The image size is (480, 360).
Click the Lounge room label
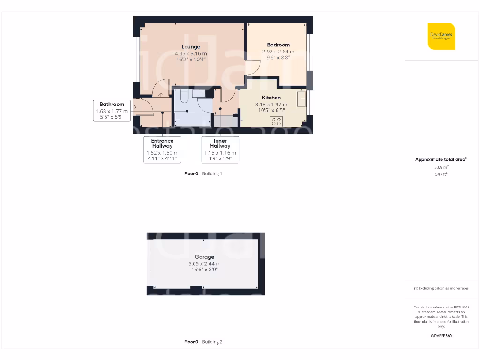(191, 47)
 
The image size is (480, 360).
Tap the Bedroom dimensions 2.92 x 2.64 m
(278, 52)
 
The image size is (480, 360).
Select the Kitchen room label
(271, 97)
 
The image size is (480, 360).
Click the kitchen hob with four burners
(276, 121)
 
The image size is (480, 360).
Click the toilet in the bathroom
(183, 96)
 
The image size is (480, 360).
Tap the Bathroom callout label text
(112, 104)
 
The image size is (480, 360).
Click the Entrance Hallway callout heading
(162, 143)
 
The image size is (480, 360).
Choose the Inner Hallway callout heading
(220, 143)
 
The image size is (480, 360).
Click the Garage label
(205, 257)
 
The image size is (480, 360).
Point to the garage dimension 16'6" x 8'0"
(205, 270)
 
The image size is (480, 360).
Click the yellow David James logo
(441, 36)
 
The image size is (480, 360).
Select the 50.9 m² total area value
(441, 167)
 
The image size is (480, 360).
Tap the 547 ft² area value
(441, 174)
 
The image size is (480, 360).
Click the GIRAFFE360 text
(441, 336)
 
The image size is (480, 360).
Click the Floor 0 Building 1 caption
(203, 174)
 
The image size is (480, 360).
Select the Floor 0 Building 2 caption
(203, 342)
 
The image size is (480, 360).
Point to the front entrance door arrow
(134, 107)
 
